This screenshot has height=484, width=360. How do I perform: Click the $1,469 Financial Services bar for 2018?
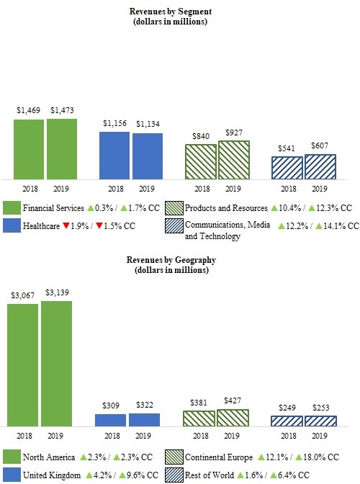pyautogui.click(x=29, y=148)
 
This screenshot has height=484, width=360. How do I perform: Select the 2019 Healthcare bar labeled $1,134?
pyautogui.click(x=147, y=156)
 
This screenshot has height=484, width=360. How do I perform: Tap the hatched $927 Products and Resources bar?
pyautogui.click(x=233, y=160)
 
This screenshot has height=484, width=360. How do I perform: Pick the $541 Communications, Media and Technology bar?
pyautogui.click(x=287, y=168)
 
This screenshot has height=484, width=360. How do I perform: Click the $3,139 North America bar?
pyautogui.click(x=56, y=363)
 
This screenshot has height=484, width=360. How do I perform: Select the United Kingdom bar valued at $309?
pyautogui.click(x=112, y=419)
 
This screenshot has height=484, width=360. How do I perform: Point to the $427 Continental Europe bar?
pyautogui.click(x=233, y=417)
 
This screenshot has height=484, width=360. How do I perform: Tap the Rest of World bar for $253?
pyautogui.click(x=320, y=420)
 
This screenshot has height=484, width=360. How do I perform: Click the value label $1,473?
pyautogui.click(x=63, y=110)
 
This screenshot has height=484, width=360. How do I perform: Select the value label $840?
pyautogui.click(x=201, y=136)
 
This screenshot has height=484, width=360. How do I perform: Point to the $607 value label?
pyautogui.click(x=320, y=145)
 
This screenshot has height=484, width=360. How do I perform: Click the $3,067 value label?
pyautogui.click(x=22, y=295)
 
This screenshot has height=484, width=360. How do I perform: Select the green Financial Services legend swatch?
pyautogui.click(x=11, y=208)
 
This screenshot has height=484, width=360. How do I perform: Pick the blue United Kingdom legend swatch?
pyautogui.click(x=11, y=475)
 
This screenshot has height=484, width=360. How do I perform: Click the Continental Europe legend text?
pyautogui.click(x=217, y=457)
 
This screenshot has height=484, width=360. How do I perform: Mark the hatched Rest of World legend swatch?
pyautogui.click(x=173, y=475)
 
